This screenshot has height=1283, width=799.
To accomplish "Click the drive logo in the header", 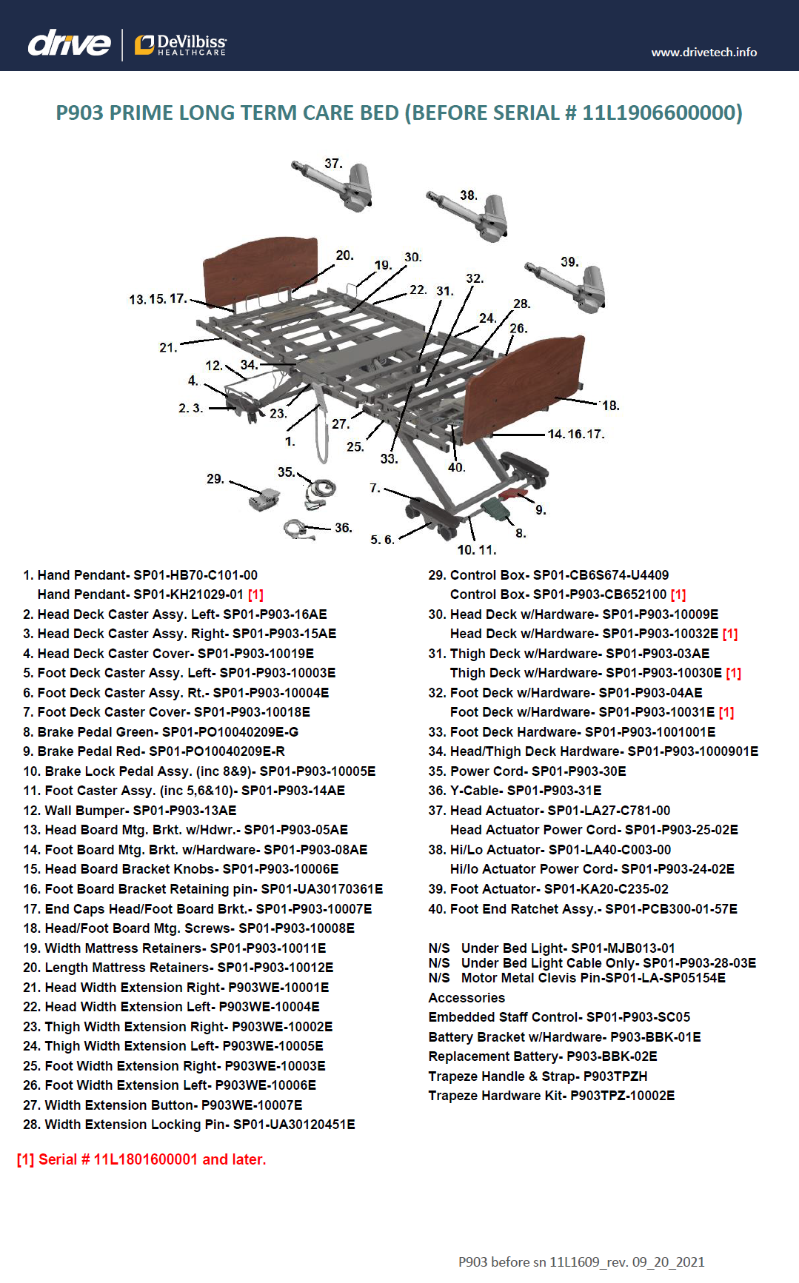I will tap(69, 44).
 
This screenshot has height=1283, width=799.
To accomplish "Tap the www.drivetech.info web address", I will tap(703, 52).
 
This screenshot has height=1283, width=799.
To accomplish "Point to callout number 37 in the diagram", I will tap(333, 164).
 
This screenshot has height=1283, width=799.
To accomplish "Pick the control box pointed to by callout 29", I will tap(264, 499).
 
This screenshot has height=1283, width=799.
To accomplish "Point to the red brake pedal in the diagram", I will tap(512, 493).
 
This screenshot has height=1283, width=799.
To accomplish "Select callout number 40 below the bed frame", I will tap(456, 467).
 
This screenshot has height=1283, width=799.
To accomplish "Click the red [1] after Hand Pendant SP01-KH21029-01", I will tap(255, 594).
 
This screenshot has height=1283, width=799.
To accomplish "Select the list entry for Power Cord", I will tap(526, 771).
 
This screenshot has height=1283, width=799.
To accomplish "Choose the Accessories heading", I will tap(467, 998).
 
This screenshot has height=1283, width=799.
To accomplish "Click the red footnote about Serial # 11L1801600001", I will tap(141, 1159).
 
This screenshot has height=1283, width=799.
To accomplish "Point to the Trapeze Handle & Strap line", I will tap(538, 1076).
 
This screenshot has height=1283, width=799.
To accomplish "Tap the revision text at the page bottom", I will tap(581, 1262).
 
